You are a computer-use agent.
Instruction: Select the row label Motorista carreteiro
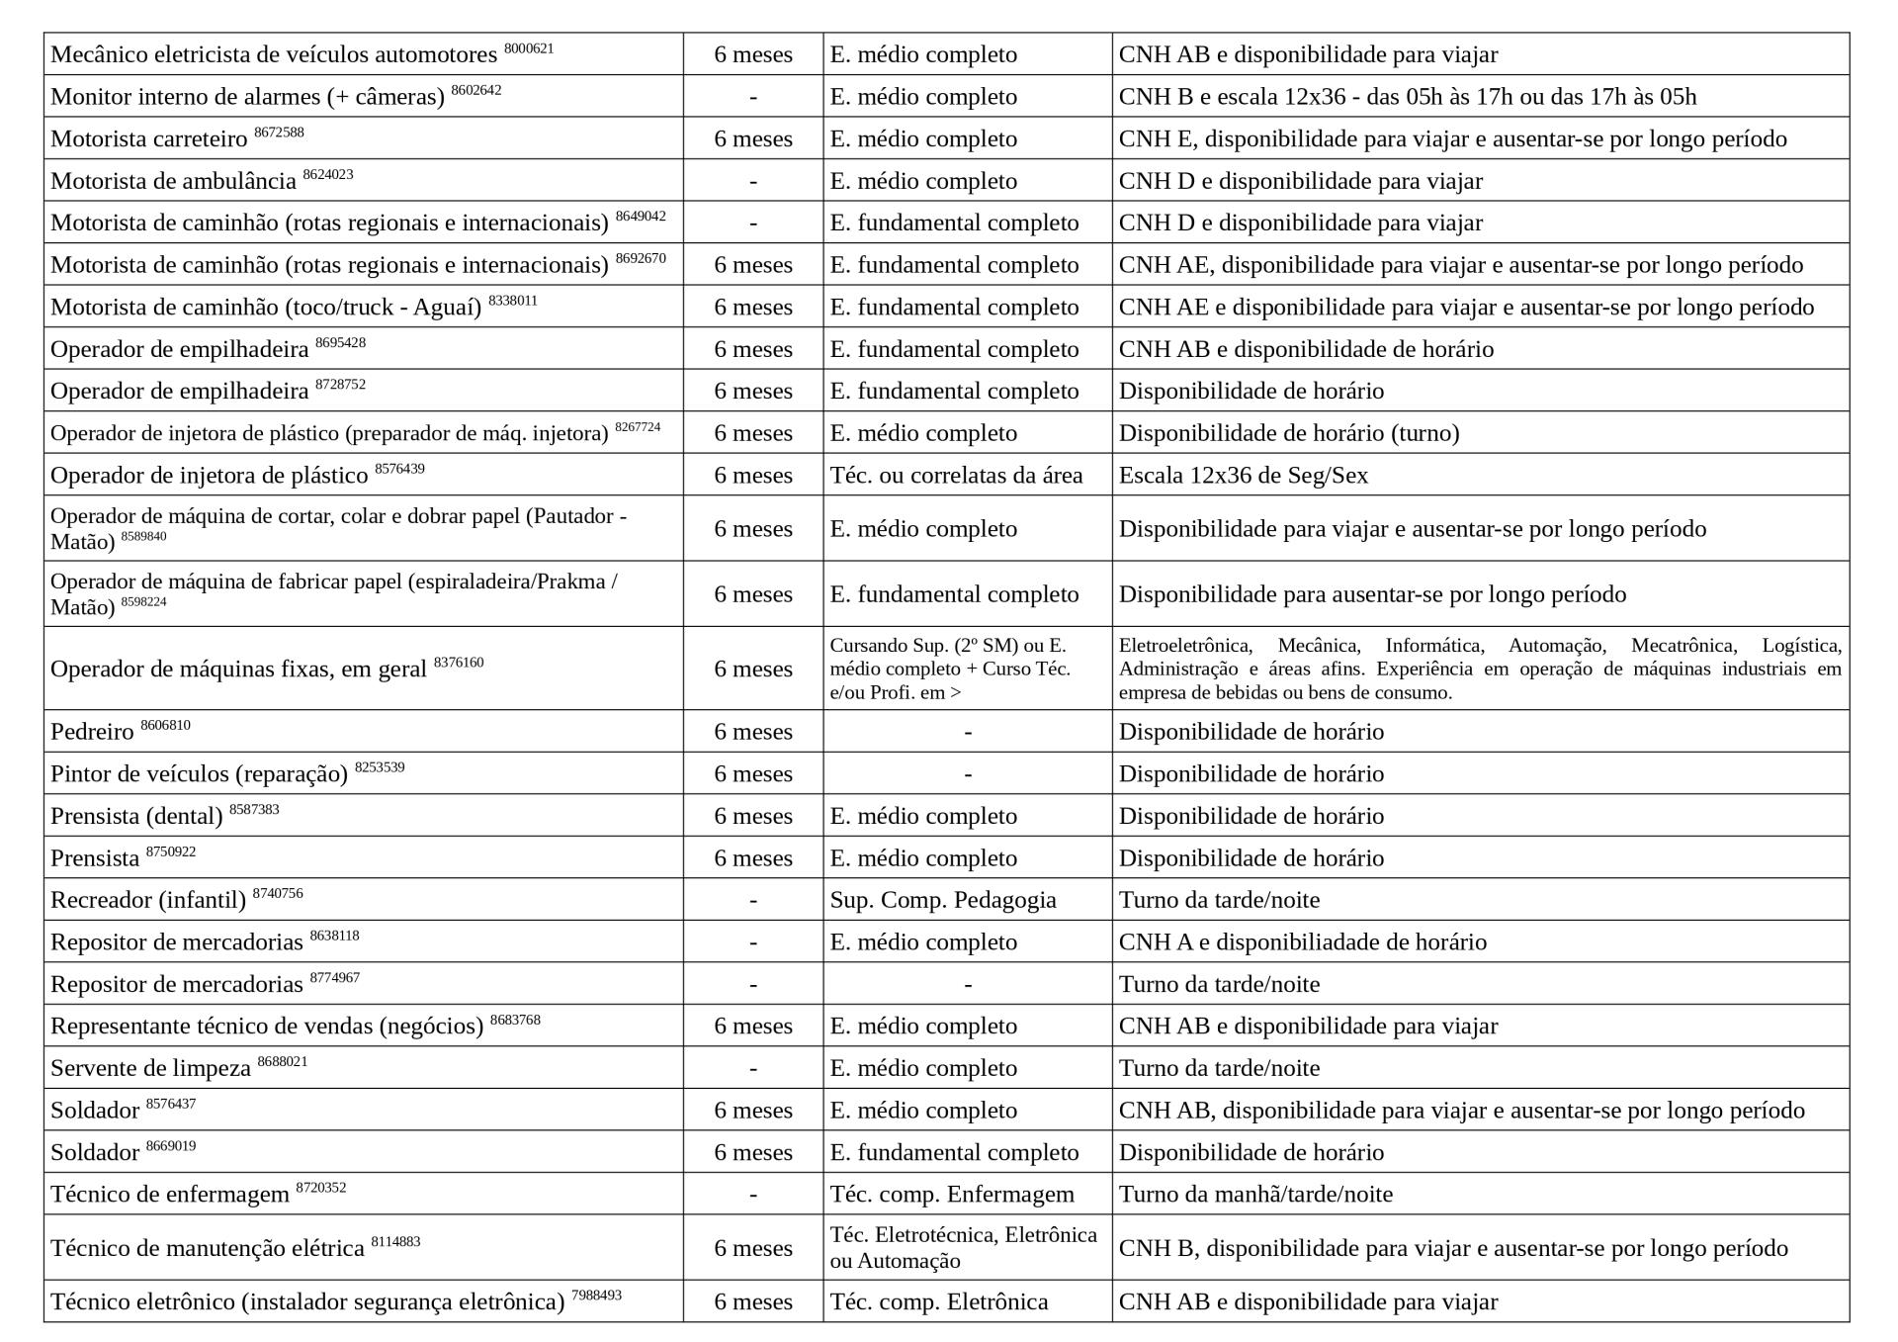(148, 139)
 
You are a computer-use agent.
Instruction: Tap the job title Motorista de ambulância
(173, 182)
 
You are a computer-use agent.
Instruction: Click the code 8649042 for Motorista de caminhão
(641, 216)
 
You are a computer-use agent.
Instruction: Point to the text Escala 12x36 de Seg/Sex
(1243, 476)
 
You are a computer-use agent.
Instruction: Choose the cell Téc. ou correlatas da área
(956, 476)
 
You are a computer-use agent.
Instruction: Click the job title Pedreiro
(92, 732)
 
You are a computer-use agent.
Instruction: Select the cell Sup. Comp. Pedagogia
(942, 900)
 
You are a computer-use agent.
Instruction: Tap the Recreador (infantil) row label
(148, 900)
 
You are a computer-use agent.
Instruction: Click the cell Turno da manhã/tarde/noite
(1255, 1195)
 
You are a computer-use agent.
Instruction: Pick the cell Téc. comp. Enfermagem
(951, 1195)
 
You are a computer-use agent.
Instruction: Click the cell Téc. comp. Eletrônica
(938, 1301)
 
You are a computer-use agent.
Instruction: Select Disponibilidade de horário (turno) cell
(1288, 433)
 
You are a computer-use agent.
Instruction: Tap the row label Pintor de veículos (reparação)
(199, 774)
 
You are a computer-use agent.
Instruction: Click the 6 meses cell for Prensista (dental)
(753, 816)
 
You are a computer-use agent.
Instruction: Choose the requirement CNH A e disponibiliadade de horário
(1302, 942)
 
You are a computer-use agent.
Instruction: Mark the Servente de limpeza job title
(150, 1069)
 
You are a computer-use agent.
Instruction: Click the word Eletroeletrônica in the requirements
(1184, 646)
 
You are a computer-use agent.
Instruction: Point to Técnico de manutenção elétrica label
(208, 1249)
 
